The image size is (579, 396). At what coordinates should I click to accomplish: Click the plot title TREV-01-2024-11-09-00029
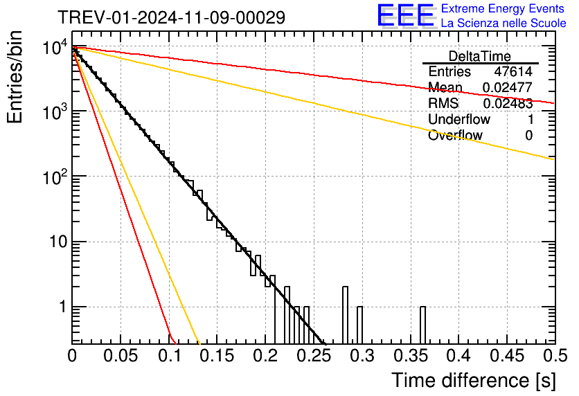click(x=172, y=17)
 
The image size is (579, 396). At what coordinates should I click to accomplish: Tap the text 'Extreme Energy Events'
click(x=503, y=8)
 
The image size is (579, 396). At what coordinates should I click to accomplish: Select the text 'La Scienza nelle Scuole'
click(x=504, y=23)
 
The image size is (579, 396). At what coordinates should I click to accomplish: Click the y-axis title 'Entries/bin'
click(x=15, y=78)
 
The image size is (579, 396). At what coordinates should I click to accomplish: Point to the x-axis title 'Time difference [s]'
click(x=474, y=380)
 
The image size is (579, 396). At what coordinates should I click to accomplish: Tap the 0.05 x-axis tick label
click(x=121, y=356)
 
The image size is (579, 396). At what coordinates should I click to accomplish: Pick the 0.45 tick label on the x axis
click(x=507, y=356)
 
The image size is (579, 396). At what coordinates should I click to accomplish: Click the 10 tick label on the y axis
click(x=59, y=242)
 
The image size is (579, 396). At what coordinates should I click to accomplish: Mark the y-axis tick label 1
click(x=63, y=307)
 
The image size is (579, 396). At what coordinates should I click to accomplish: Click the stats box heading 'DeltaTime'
click(x=480, y=56)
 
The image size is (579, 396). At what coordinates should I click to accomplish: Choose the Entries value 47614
click(x=513, y=71)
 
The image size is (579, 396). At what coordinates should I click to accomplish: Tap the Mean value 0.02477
click(x=508, y=87)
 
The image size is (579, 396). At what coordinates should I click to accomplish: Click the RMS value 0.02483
click(x=508, y=103)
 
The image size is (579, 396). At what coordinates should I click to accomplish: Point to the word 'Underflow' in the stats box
click(x=459, y=119)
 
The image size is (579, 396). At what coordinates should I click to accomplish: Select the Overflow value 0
click(x=528, y=136)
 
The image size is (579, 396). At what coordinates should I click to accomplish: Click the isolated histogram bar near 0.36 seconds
click(x=422, y=325)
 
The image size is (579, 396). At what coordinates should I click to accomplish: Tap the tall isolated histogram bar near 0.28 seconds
click(x=346, y=315)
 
